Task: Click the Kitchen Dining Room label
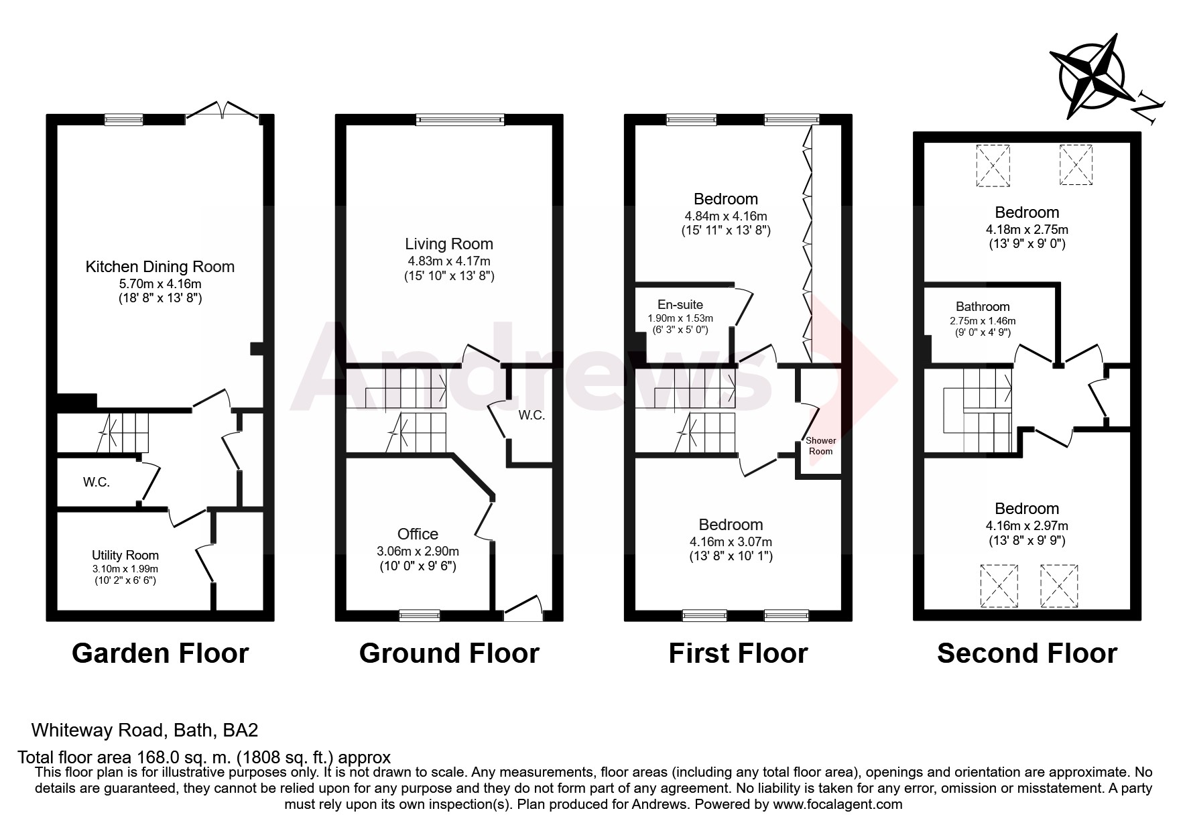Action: click(160, 266)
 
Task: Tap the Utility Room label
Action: click(125, 555)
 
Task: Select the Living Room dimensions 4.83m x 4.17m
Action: click(448, 261)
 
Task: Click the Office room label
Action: click(418, 533)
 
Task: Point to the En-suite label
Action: click(680, 305)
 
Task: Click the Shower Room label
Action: click(820, 446)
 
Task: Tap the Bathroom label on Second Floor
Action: click(983, 307)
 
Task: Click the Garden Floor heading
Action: click(160, 653)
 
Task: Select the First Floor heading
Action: click(738, 653)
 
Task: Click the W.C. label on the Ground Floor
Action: click(532, 415)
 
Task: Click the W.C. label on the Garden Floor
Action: click(96, 482)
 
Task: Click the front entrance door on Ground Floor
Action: click(523, 607)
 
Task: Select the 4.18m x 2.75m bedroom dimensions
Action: click(1026, 229)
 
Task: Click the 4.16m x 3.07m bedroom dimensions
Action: click(730, 541)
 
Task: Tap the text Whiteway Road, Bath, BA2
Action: click(145, 729)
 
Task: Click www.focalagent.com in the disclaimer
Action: click(837, 804)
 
